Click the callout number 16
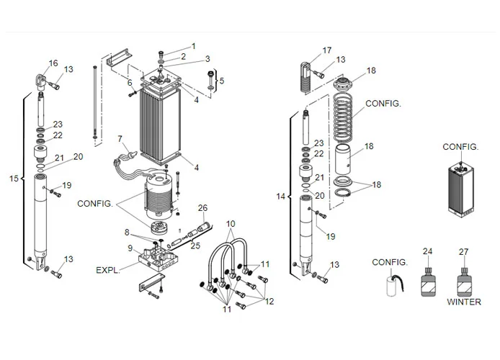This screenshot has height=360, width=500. click(53, 63)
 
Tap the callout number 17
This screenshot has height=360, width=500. click(327, 50)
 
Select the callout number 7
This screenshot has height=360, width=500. click(120, 138)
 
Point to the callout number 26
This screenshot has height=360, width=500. click(203, 208)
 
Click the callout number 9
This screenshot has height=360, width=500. click(130, 248)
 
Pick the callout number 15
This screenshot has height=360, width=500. click(14, 178)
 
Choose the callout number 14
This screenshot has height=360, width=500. click(280, 195)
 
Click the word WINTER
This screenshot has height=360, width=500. click(463, 302)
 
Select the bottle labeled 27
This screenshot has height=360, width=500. click(463, 281)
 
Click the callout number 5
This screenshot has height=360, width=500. click(221, 81)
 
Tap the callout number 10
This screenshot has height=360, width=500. click(231, 224)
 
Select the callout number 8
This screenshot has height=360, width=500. click(127, 232)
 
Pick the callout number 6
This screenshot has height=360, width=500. click(130, 83)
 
